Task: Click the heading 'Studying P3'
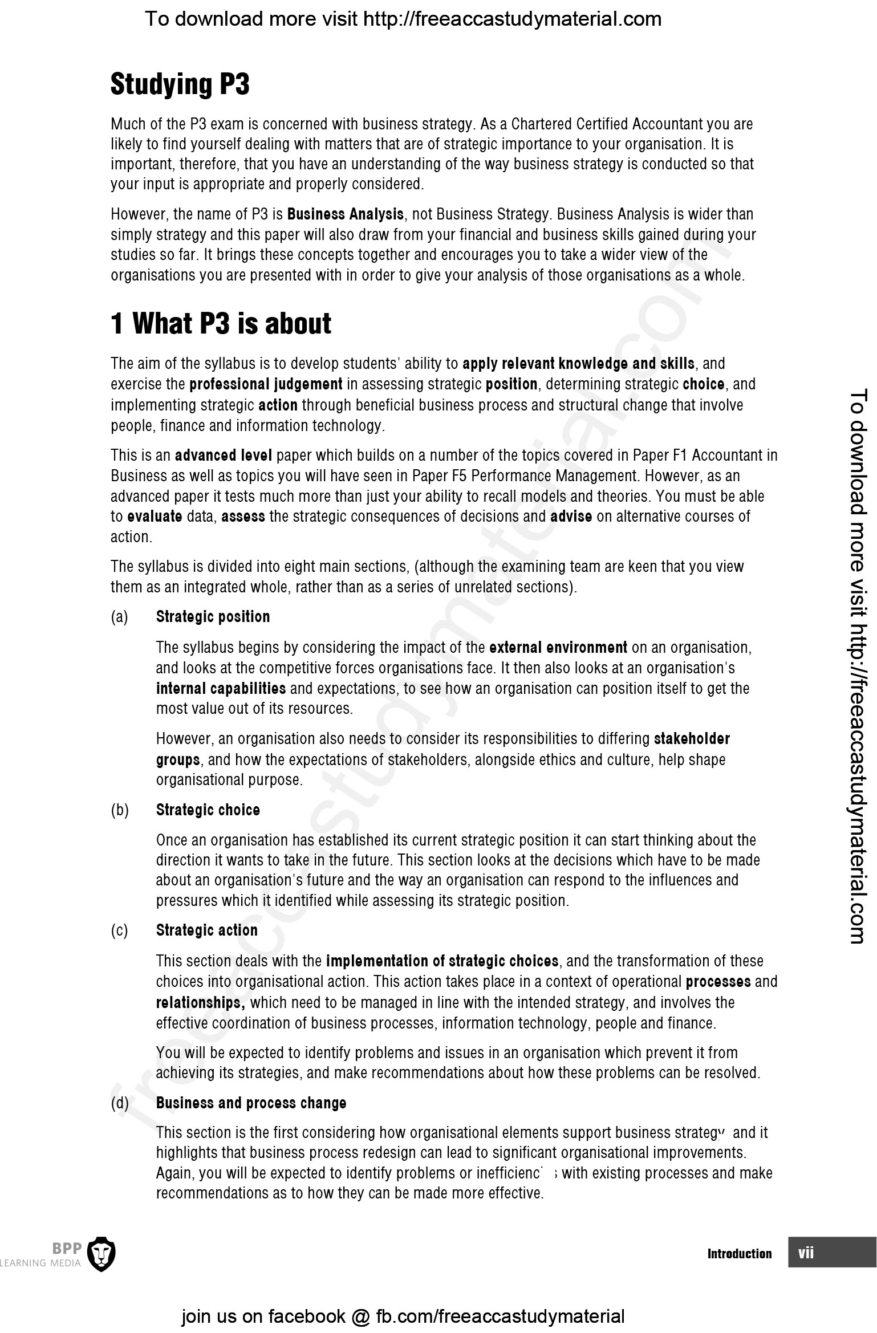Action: pos(180,84)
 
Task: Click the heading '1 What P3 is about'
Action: pos(221,324)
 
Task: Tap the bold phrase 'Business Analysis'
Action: pos(346,214)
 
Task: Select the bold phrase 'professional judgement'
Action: pos(266,384)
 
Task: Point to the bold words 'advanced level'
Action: pos(223,456)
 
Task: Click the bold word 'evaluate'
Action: pos(155,517)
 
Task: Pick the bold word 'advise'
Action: pos(571,517)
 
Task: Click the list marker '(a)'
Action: pos(120,617)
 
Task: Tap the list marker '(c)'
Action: pos(120,930)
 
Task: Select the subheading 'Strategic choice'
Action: pos(208,810)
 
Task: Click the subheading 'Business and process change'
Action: pos(251,1103)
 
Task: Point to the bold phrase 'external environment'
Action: pos(558,648)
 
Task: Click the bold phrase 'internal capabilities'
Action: pos(221,689)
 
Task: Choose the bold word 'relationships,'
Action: pos(200,1003)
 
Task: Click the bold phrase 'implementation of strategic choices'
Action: pos(442,961)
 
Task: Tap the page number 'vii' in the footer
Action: pos(806,1253)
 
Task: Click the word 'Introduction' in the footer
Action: pos(739,1254)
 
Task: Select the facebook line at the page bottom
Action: pos(403,1316)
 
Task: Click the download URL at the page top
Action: pos(403,19)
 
